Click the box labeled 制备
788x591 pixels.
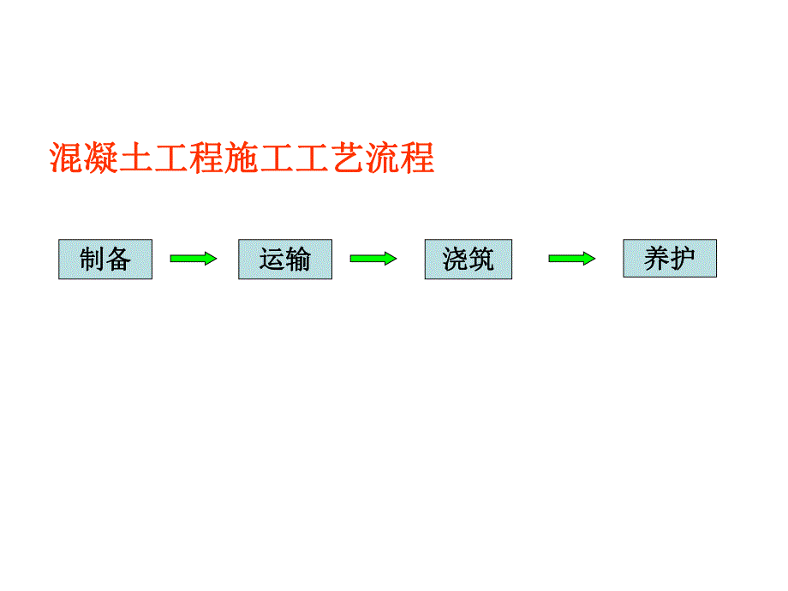(105, 260)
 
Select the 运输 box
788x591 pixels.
(285, 260)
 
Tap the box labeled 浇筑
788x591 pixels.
(469, 260)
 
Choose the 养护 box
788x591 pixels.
(669, 259)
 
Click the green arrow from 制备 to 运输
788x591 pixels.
(194, 259)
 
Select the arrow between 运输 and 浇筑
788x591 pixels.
(373, 259)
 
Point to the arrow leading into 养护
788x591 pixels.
(571, 259)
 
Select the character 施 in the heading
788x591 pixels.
(242, 158)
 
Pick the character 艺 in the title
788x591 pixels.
(347, 158)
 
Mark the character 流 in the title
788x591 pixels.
(382, 158)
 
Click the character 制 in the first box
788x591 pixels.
(93, 260)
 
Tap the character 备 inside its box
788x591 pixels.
(118, 260)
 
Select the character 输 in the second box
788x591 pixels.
(298, 260)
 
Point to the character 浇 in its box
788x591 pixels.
(456, 260)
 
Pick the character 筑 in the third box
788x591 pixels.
(481, 260)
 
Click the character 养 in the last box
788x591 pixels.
(657, 259)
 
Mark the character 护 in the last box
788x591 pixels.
(682, 259)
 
